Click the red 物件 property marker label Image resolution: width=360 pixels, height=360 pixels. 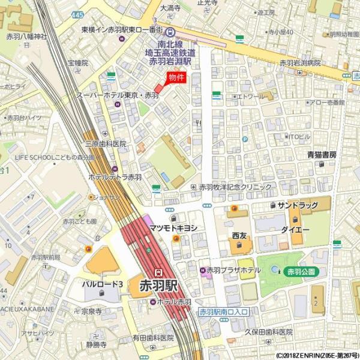pos(176,77)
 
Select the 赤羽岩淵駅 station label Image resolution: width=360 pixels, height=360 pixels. pos(170,61)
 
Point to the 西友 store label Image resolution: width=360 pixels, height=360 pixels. pos(239,236)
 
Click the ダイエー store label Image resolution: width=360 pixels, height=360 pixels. pos(295,230)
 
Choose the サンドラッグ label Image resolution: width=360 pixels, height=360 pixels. pos(297,205)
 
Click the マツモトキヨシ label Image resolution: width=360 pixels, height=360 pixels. pos(173,227)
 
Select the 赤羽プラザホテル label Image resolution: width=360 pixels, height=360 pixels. pos(234,270)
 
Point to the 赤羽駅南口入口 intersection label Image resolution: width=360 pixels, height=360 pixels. pos(223,312)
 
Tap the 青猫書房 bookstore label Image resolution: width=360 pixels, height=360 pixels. pos(322,155)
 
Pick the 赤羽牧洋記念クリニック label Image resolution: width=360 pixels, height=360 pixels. pos(235,187)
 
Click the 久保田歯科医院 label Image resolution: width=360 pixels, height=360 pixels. pos(268,332)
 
